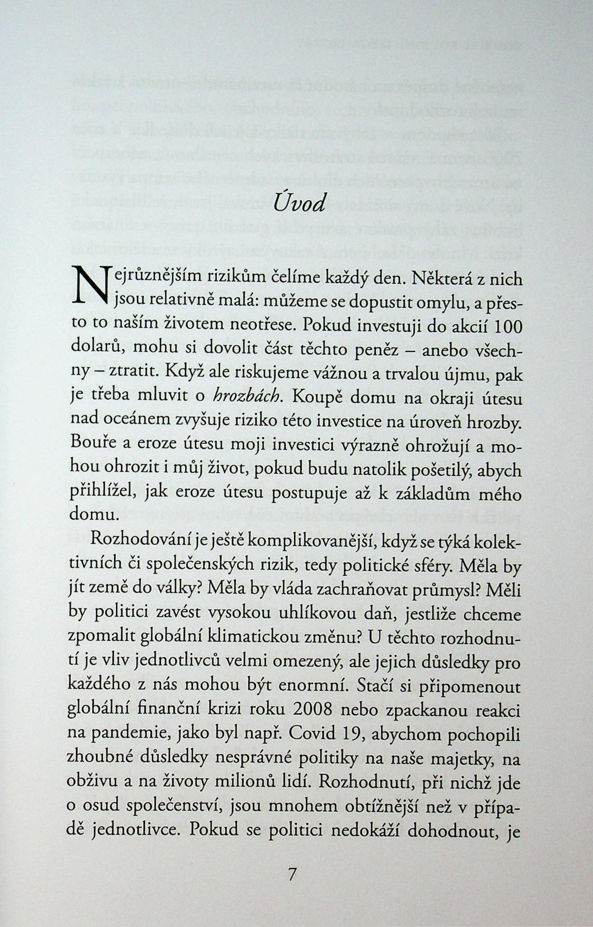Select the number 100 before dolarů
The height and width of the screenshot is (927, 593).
pos(504,327)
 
